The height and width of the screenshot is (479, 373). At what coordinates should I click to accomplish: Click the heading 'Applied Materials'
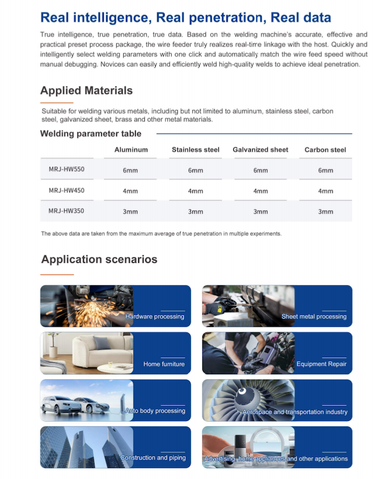[86, 90]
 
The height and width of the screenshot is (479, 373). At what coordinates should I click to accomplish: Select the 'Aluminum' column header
[131, 150]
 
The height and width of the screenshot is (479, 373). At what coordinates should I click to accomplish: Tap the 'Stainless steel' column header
[195, 150]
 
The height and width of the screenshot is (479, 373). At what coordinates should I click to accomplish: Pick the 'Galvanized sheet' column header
[260, 150]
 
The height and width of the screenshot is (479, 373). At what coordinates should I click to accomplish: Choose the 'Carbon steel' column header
[325, 150]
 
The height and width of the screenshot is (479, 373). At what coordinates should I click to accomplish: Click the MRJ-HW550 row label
[67, 169]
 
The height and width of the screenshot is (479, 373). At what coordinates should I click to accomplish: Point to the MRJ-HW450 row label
[67, 190]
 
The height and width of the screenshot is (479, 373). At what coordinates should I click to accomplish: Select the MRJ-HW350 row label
[67, 211]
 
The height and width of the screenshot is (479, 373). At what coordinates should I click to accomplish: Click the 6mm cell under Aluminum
[130, 170]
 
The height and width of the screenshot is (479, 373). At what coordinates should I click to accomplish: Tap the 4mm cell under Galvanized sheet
[261, 191]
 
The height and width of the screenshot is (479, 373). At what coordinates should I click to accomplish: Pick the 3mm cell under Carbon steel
[326, 211]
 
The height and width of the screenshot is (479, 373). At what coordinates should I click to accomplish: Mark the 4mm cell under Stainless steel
[195, 191]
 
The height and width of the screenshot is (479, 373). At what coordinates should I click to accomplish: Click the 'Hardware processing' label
[155, 317]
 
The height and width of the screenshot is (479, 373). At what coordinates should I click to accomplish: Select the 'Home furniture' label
[164, 364]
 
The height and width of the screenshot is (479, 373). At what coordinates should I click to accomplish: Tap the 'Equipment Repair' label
[321, 364]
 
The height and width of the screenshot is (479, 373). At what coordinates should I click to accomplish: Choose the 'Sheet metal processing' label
[314, 317]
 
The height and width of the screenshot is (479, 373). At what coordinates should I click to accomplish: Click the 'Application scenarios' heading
[99, 259]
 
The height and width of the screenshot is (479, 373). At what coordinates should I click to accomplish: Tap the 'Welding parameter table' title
[91, 134]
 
